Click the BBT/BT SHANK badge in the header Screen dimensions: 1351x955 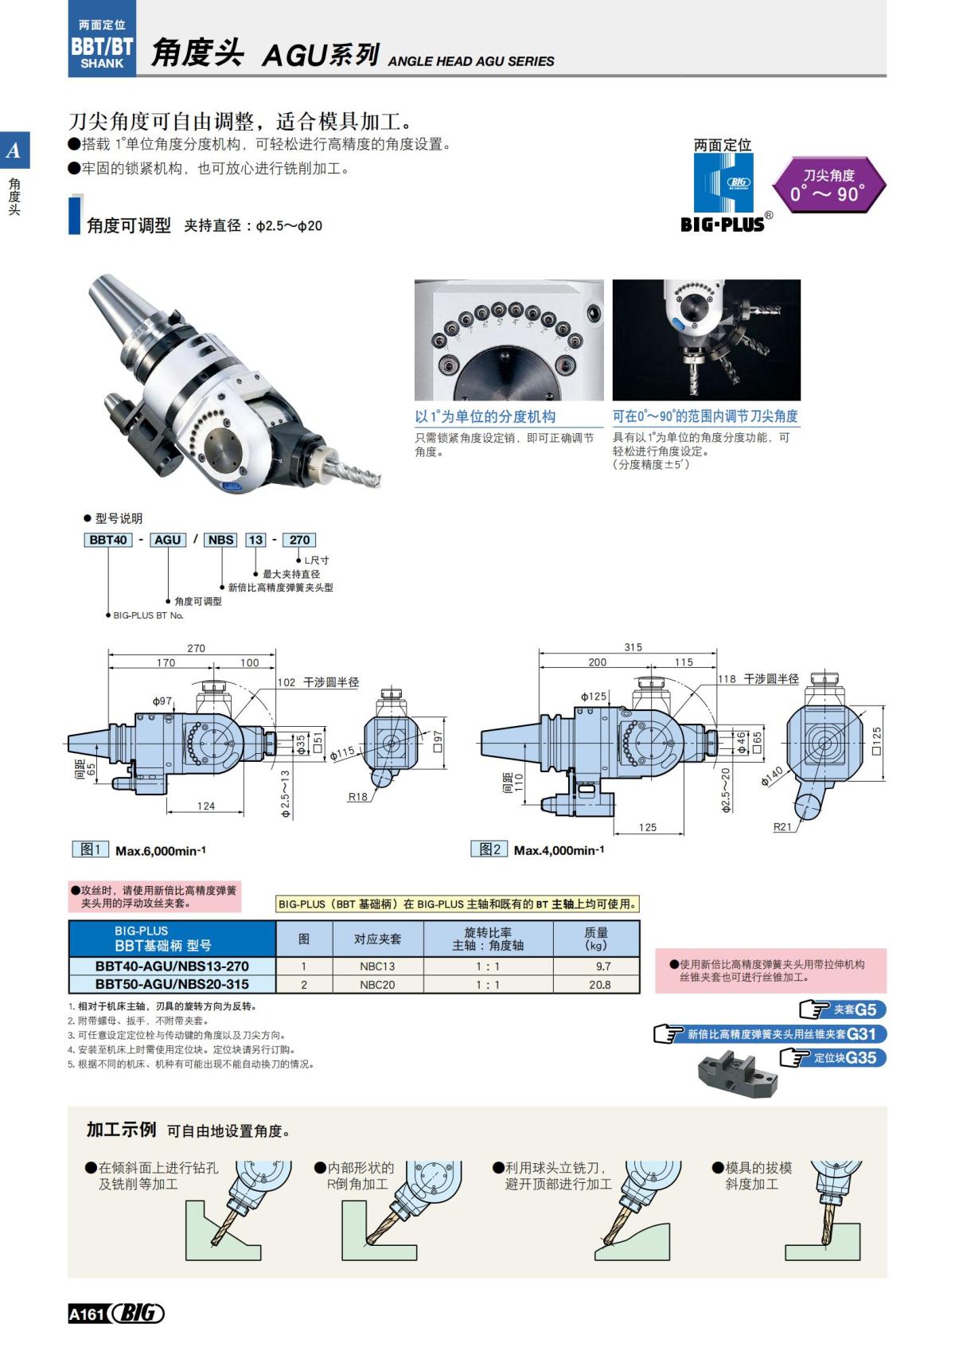pos(102,46)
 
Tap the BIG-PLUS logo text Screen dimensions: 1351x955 pos(722,225)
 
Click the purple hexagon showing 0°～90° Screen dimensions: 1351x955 pos(828,185)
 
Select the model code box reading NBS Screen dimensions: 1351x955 pos(220,540)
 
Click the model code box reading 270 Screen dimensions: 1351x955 pos(299,540)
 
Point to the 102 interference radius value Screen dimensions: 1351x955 pos(286,682)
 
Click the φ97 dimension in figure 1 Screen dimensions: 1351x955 pos(162,701)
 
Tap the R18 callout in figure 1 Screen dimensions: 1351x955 pos(358,797)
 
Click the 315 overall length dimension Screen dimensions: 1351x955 pos(633,647)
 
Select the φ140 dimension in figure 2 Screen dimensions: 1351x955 pos(772,775)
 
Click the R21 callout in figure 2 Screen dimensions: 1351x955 pos(782,827)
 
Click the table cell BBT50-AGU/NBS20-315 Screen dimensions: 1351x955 pos(172,985)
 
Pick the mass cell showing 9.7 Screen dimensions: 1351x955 pos(603,966)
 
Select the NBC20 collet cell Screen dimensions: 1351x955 pos(377,985)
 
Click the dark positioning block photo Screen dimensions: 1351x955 pos(736,1073)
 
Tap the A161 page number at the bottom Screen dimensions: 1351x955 pos(87,1314)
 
